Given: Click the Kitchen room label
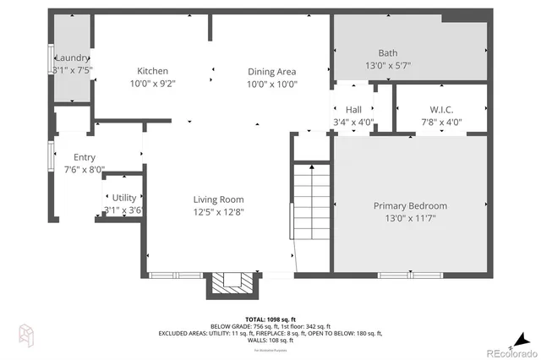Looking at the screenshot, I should coord(153,71).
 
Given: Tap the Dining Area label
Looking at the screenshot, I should coord(271,71).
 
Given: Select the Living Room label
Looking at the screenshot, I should coord(220,199).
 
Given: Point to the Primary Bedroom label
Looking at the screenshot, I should coord(410,205).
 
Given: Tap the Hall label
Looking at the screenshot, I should coord(352,109).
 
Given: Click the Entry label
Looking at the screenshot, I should coord(85,157).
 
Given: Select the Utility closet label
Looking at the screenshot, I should coord(123,198).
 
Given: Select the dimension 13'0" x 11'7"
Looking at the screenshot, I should coord(410,217).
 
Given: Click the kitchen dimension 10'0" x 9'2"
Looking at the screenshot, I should coord(153,84).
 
